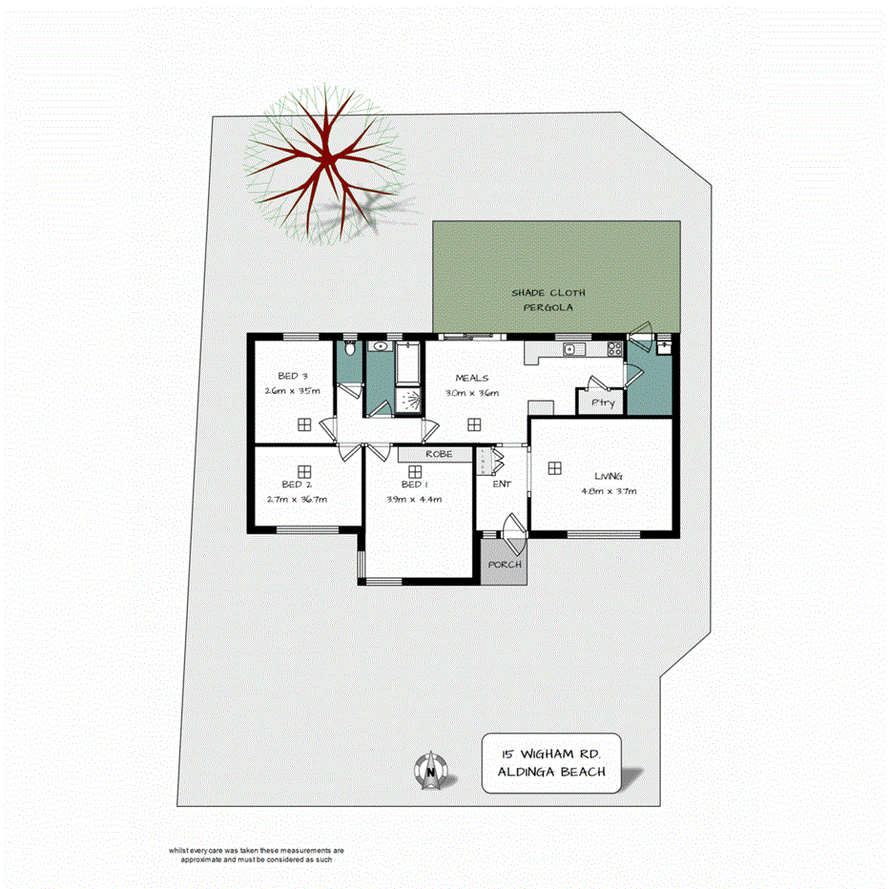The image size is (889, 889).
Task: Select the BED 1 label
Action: [x=413, y=485]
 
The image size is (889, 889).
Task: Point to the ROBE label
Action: [x=439, y=454]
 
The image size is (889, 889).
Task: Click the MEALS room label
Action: [x=471, y=378]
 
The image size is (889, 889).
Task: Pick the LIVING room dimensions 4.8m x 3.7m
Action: [x=609, y=490]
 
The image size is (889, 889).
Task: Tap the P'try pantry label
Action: [x=601, y=403]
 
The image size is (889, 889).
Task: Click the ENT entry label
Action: [x=502, y=485]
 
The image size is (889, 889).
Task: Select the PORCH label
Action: [x=505, y=565]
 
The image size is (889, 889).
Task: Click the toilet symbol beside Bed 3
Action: [x=350, y=348]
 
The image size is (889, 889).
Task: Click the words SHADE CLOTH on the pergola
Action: [x=548, y=293]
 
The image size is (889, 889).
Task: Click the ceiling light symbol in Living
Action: [x=554, y=467]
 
